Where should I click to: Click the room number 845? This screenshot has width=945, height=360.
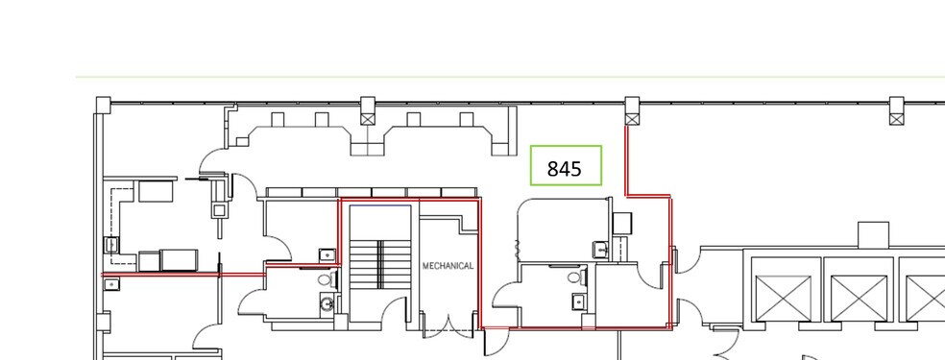565,169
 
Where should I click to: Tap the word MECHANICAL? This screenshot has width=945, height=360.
448,266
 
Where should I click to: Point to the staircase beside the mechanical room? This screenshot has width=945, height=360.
380,264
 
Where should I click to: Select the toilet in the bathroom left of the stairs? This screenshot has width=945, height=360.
327,280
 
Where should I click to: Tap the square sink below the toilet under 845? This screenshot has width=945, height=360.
578,300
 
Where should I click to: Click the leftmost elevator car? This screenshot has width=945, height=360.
783,298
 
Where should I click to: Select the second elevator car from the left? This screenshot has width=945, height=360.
859,298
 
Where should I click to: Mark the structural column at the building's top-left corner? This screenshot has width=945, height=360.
103,104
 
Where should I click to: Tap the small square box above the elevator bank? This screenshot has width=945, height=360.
873,234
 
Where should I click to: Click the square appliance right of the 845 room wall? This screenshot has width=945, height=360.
622,224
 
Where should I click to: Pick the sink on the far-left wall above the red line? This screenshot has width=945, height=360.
111,245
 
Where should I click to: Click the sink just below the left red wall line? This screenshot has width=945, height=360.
111,284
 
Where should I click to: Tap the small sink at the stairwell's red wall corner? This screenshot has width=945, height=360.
327,254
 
